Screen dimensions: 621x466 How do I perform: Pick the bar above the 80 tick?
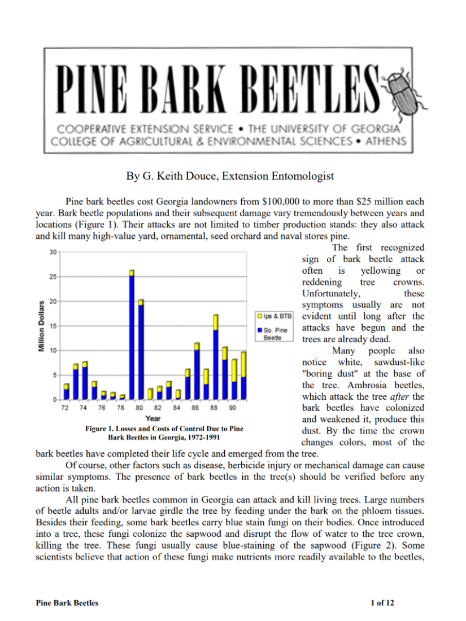click(x=141, y=349)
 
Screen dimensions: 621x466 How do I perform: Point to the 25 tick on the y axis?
click(x=52, y=277)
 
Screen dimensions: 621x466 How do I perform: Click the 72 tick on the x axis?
click(x=66, y=407)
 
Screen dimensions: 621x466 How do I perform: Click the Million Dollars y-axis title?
click(x=41, y=326)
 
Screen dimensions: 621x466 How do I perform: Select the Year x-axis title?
click(x=153, y=418)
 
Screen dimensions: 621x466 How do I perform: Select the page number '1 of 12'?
click(x=382, y=603)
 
